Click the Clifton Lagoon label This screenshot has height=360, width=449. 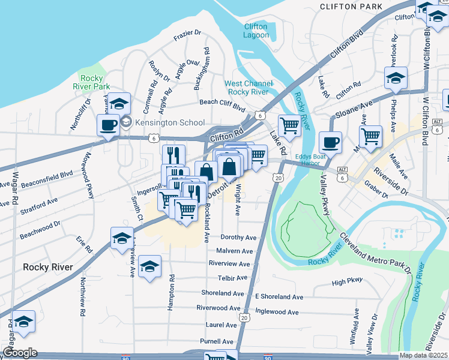point(256,31)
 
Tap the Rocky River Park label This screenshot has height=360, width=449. point(93,82)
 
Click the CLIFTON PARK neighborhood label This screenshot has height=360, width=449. point(351,7)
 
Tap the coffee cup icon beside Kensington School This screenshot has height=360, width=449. point(108,125)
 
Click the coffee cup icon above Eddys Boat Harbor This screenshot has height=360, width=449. point(330,143)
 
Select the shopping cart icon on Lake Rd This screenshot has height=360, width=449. point(289,126)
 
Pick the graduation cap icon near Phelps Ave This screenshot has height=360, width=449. point(396,79)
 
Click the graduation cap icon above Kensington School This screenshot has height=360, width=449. point(119,103)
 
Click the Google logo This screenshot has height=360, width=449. point(20,353)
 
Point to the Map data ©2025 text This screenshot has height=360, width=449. point(424,355)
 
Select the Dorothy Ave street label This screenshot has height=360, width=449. point(238,238)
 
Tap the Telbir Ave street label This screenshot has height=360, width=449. point(233,278)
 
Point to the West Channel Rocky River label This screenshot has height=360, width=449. point(249,88)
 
